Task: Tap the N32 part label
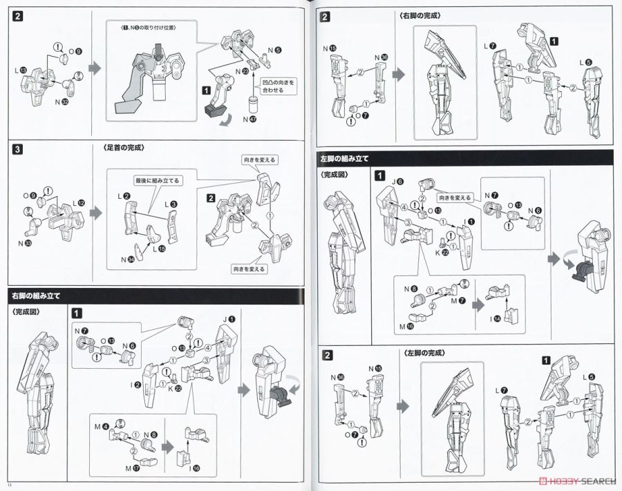[61, 102]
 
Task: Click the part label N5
[275, 50]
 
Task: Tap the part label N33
[25, 242]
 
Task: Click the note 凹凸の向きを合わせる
[274, 86]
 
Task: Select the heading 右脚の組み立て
[36, 296]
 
